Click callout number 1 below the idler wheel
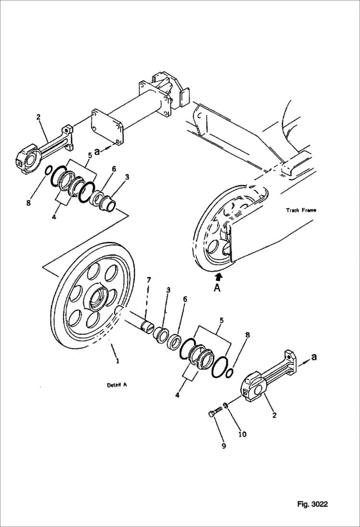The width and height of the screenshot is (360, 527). (116, 360)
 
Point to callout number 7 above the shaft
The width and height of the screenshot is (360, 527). (149, 280)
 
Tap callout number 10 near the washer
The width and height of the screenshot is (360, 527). (242, 434)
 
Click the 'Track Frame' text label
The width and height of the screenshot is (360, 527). (301, 210)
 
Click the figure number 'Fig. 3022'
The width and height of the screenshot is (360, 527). (312, 504)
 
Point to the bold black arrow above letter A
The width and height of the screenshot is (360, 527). (219, 277)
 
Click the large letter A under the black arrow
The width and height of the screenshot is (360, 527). (218, 288)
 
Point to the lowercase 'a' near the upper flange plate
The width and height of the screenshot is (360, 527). (97, 151)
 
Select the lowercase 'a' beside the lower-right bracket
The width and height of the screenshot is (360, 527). (314, 357)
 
